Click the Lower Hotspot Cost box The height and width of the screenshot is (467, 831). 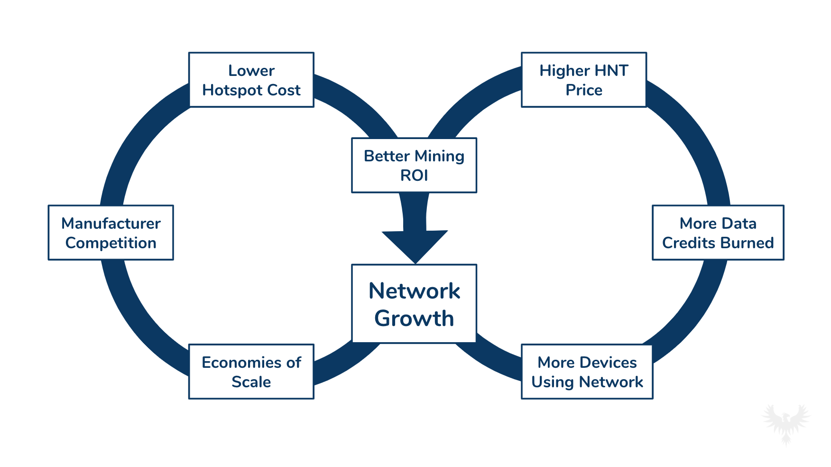click(x=251, y=80)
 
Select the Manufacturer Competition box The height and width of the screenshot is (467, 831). click(x=111, y=233)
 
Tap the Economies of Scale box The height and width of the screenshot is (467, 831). click(x=251, y=372)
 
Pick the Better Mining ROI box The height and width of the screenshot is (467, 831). click(x=414, y=165)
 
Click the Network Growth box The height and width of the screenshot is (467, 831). click(x=414, y=304)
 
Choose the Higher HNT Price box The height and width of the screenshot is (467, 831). click(x=583, y=80)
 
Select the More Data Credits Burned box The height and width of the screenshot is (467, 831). click(x=718, y=233)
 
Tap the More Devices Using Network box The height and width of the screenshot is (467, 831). click(x=587, y=372)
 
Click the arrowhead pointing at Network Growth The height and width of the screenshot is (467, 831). click(x=415, y=245)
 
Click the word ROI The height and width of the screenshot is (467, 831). click(x=414, y=176)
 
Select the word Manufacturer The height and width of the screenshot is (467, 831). click(x=111, y=223)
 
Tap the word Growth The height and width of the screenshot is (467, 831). click(x=414, y=318)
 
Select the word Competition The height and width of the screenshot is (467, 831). click(x=111, y=243)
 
